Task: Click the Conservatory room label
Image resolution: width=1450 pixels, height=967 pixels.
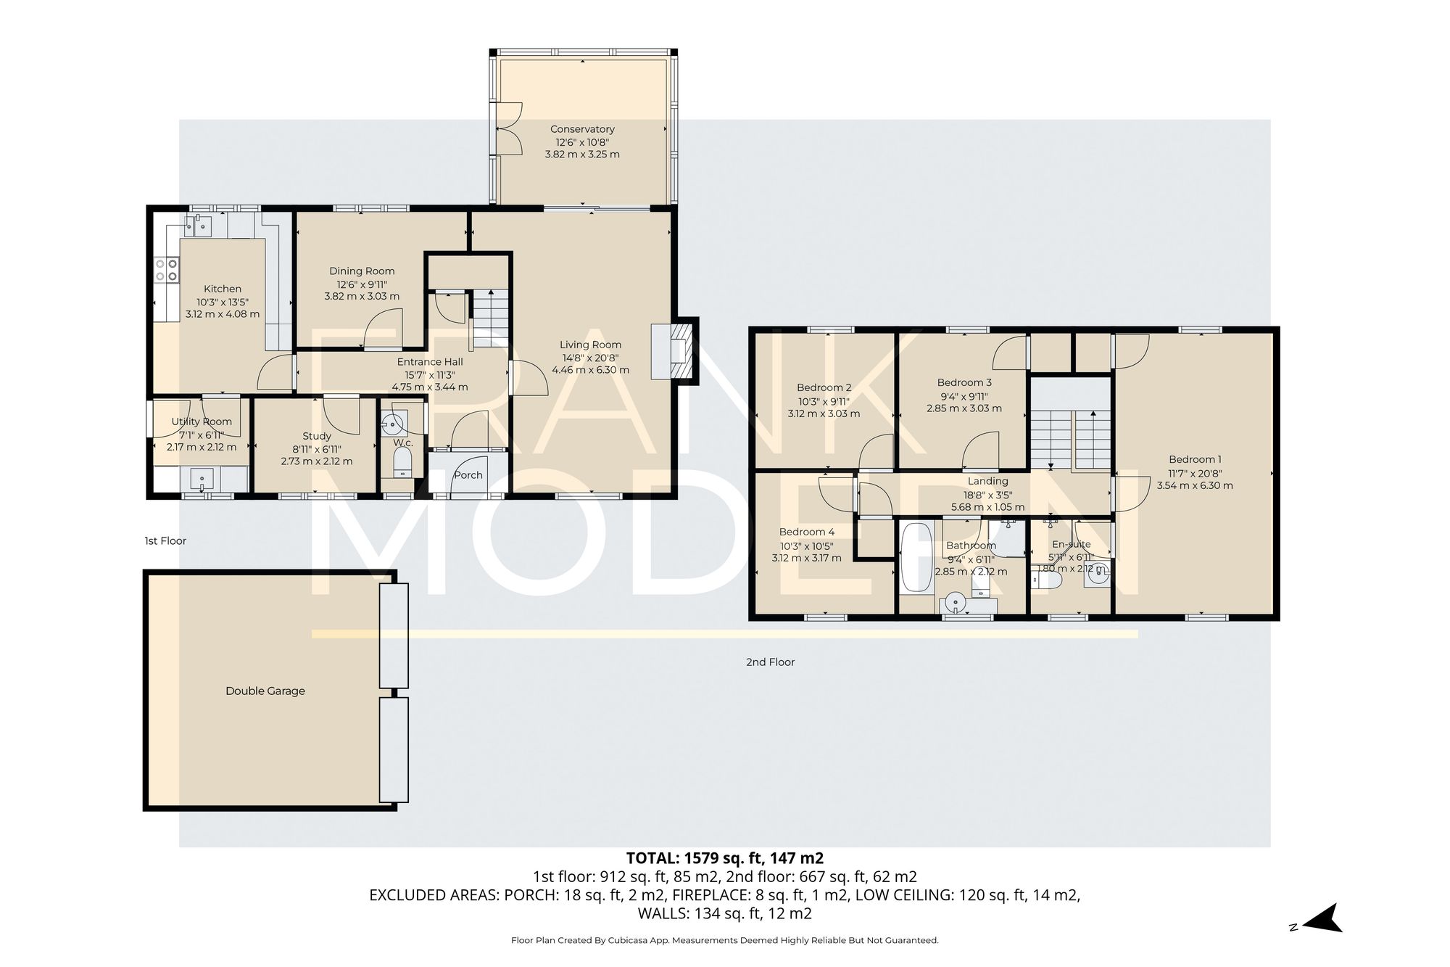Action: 582,129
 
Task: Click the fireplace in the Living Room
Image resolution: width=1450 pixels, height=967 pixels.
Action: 679,352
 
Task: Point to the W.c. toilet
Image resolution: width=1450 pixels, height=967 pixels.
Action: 402,462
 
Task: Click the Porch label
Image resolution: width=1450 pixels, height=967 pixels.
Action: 468,475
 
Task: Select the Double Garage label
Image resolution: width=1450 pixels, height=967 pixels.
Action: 265,691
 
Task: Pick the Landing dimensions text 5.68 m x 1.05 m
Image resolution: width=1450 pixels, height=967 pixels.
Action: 987,507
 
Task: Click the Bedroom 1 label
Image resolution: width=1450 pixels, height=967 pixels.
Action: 1194,459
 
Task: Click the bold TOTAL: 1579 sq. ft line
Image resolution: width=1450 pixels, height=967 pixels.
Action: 724,858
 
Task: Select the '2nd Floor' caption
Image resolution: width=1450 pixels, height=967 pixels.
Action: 770,662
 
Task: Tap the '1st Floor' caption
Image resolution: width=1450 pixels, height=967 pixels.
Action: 165,540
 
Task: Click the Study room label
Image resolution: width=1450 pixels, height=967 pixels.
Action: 317,436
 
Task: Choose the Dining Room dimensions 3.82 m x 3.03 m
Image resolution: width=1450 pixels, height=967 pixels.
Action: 362,296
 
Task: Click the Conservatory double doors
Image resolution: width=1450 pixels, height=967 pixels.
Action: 510,128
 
